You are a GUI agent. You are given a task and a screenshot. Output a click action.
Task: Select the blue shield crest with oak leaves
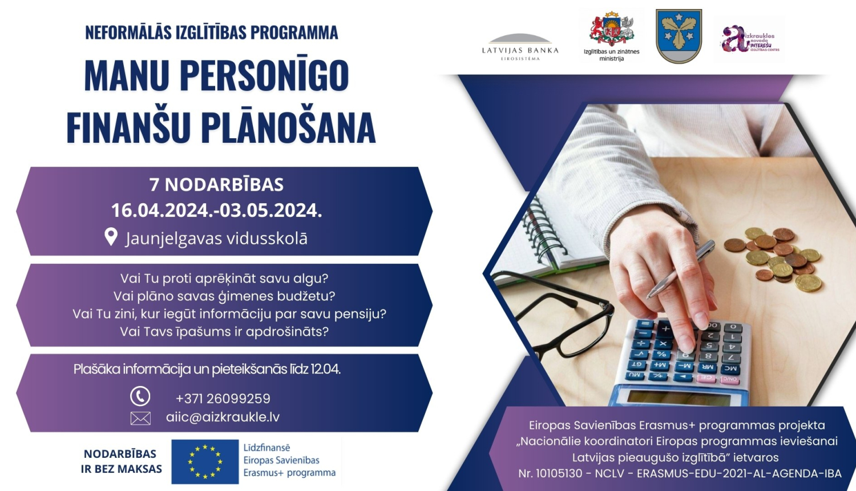[679, 36]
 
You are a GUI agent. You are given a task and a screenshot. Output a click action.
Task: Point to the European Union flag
[205, 461]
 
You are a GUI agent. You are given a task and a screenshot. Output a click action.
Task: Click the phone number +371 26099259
[223, 399]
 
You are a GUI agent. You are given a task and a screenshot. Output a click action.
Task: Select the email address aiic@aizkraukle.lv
[223, 417]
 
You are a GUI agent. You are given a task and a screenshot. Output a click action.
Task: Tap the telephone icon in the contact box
[140, 396]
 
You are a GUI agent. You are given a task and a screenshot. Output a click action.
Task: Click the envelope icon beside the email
[140, 418]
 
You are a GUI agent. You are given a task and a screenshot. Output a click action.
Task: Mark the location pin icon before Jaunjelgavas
[111, 237]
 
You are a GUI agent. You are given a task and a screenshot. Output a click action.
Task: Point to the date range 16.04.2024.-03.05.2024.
[216, 210]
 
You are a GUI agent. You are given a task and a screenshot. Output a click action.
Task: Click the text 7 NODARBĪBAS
[216, 184]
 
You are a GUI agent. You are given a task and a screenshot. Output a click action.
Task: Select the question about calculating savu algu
[224, 279]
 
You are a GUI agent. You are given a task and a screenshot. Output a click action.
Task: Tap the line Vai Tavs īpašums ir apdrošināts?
[224, 332]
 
